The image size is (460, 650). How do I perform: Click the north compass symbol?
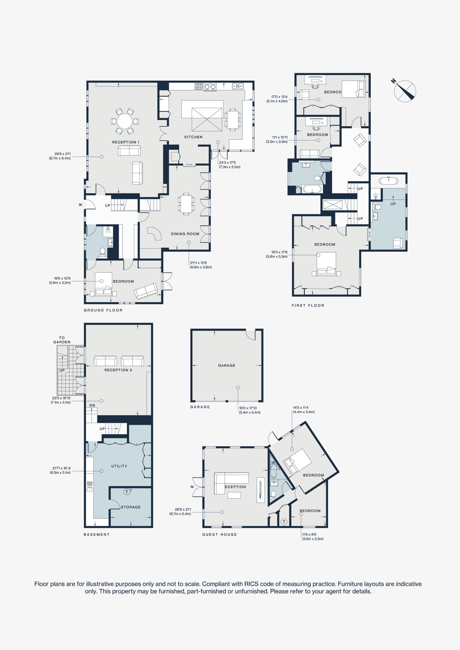(x=405, y=91)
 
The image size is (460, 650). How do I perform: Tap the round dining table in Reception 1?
(x=125, y=121)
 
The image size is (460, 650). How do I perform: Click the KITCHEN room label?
(x=194, y=137)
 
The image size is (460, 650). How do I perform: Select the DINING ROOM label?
(x=185, y=234)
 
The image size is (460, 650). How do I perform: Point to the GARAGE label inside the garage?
(x=227, y=365)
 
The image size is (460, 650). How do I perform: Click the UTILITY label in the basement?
(x=119, y=466)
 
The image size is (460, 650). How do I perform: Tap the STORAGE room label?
(x=131, y=507)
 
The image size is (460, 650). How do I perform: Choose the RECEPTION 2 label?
(x=118, y=370)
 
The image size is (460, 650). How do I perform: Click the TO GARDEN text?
(x=62, y=340)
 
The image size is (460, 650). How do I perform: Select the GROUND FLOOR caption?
(x=103, y=310)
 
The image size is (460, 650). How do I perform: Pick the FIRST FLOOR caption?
(x=308, y=305)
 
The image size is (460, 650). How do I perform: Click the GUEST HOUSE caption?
(x=220, y=534)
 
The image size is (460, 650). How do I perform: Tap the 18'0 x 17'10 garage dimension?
(x=248, y=408)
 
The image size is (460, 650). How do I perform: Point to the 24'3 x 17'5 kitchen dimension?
(x=227, y=162)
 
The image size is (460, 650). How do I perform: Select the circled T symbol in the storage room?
(x=127, y=492)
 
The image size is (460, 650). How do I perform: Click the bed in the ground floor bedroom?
(x=103, y=284)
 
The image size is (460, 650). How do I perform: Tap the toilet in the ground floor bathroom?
(x=102, y=253)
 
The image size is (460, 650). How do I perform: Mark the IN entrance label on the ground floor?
(x=81, y=205)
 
